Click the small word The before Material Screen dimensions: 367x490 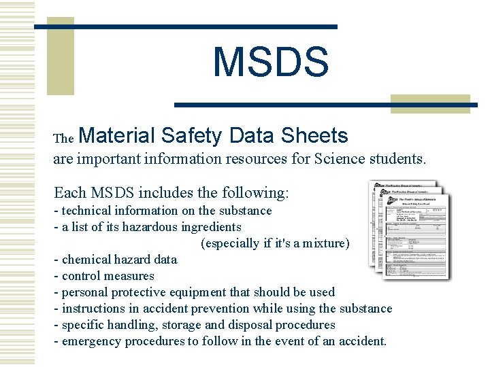pos(63,139)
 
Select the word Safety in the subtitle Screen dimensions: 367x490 pos(193,135)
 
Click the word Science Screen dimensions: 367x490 pos(336,160)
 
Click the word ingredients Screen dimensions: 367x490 pos(208,227)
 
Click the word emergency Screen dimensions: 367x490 pos(91,341)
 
